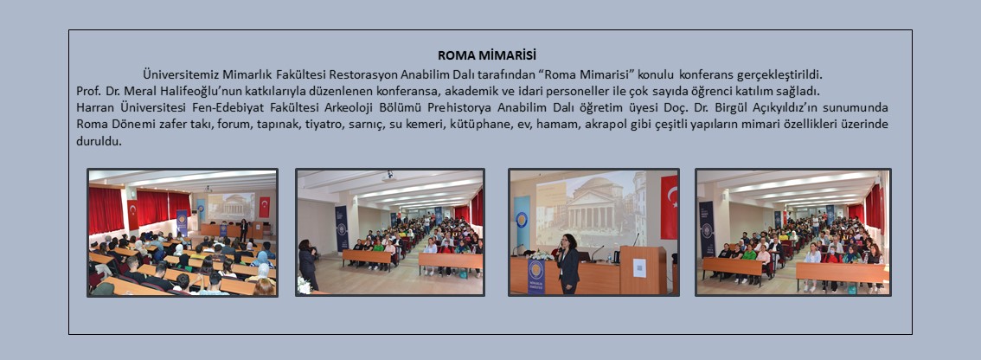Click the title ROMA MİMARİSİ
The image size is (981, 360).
click(x=487, y=55)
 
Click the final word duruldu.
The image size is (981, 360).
click(x=99, y=141)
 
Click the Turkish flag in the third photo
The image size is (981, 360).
click(x=669, y=207)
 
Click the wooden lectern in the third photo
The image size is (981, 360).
click(x=644, y=270)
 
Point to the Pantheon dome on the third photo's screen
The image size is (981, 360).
click(x=598, y=189)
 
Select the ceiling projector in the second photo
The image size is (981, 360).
click(x=389, y=176)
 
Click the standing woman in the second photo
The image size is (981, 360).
click(x=307, y=264)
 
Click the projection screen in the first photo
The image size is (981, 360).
click(x=232, y=206)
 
